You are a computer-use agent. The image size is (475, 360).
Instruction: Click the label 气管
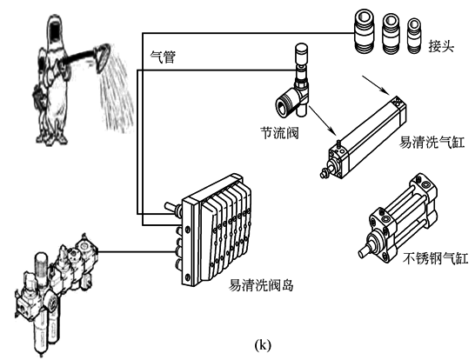163,57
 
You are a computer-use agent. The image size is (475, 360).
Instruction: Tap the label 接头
441,46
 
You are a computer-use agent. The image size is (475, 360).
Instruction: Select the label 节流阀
279,133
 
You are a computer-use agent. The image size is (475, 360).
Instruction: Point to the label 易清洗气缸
432,142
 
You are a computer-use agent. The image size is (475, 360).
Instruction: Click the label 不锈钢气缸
436,258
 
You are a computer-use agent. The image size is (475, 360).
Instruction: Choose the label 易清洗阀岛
261,285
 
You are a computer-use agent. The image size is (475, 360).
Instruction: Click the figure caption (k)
263,345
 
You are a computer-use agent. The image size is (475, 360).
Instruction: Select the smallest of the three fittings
414,36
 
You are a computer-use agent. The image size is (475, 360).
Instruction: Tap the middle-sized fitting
391,33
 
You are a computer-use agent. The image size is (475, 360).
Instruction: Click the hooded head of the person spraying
56,30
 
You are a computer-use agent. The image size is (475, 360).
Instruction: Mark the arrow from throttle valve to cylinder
323,120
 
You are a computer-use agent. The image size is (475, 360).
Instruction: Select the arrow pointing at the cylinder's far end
376,84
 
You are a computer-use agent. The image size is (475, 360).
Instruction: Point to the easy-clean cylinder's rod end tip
322,174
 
